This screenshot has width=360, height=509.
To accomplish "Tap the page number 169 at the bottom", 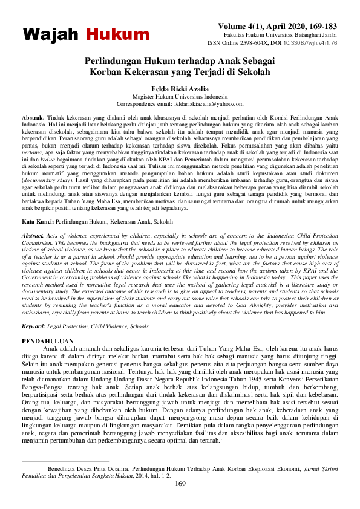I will tap(180, 484).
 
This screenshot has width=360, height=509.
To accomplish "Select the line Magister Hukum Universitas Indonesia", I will tap(179, 97).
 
